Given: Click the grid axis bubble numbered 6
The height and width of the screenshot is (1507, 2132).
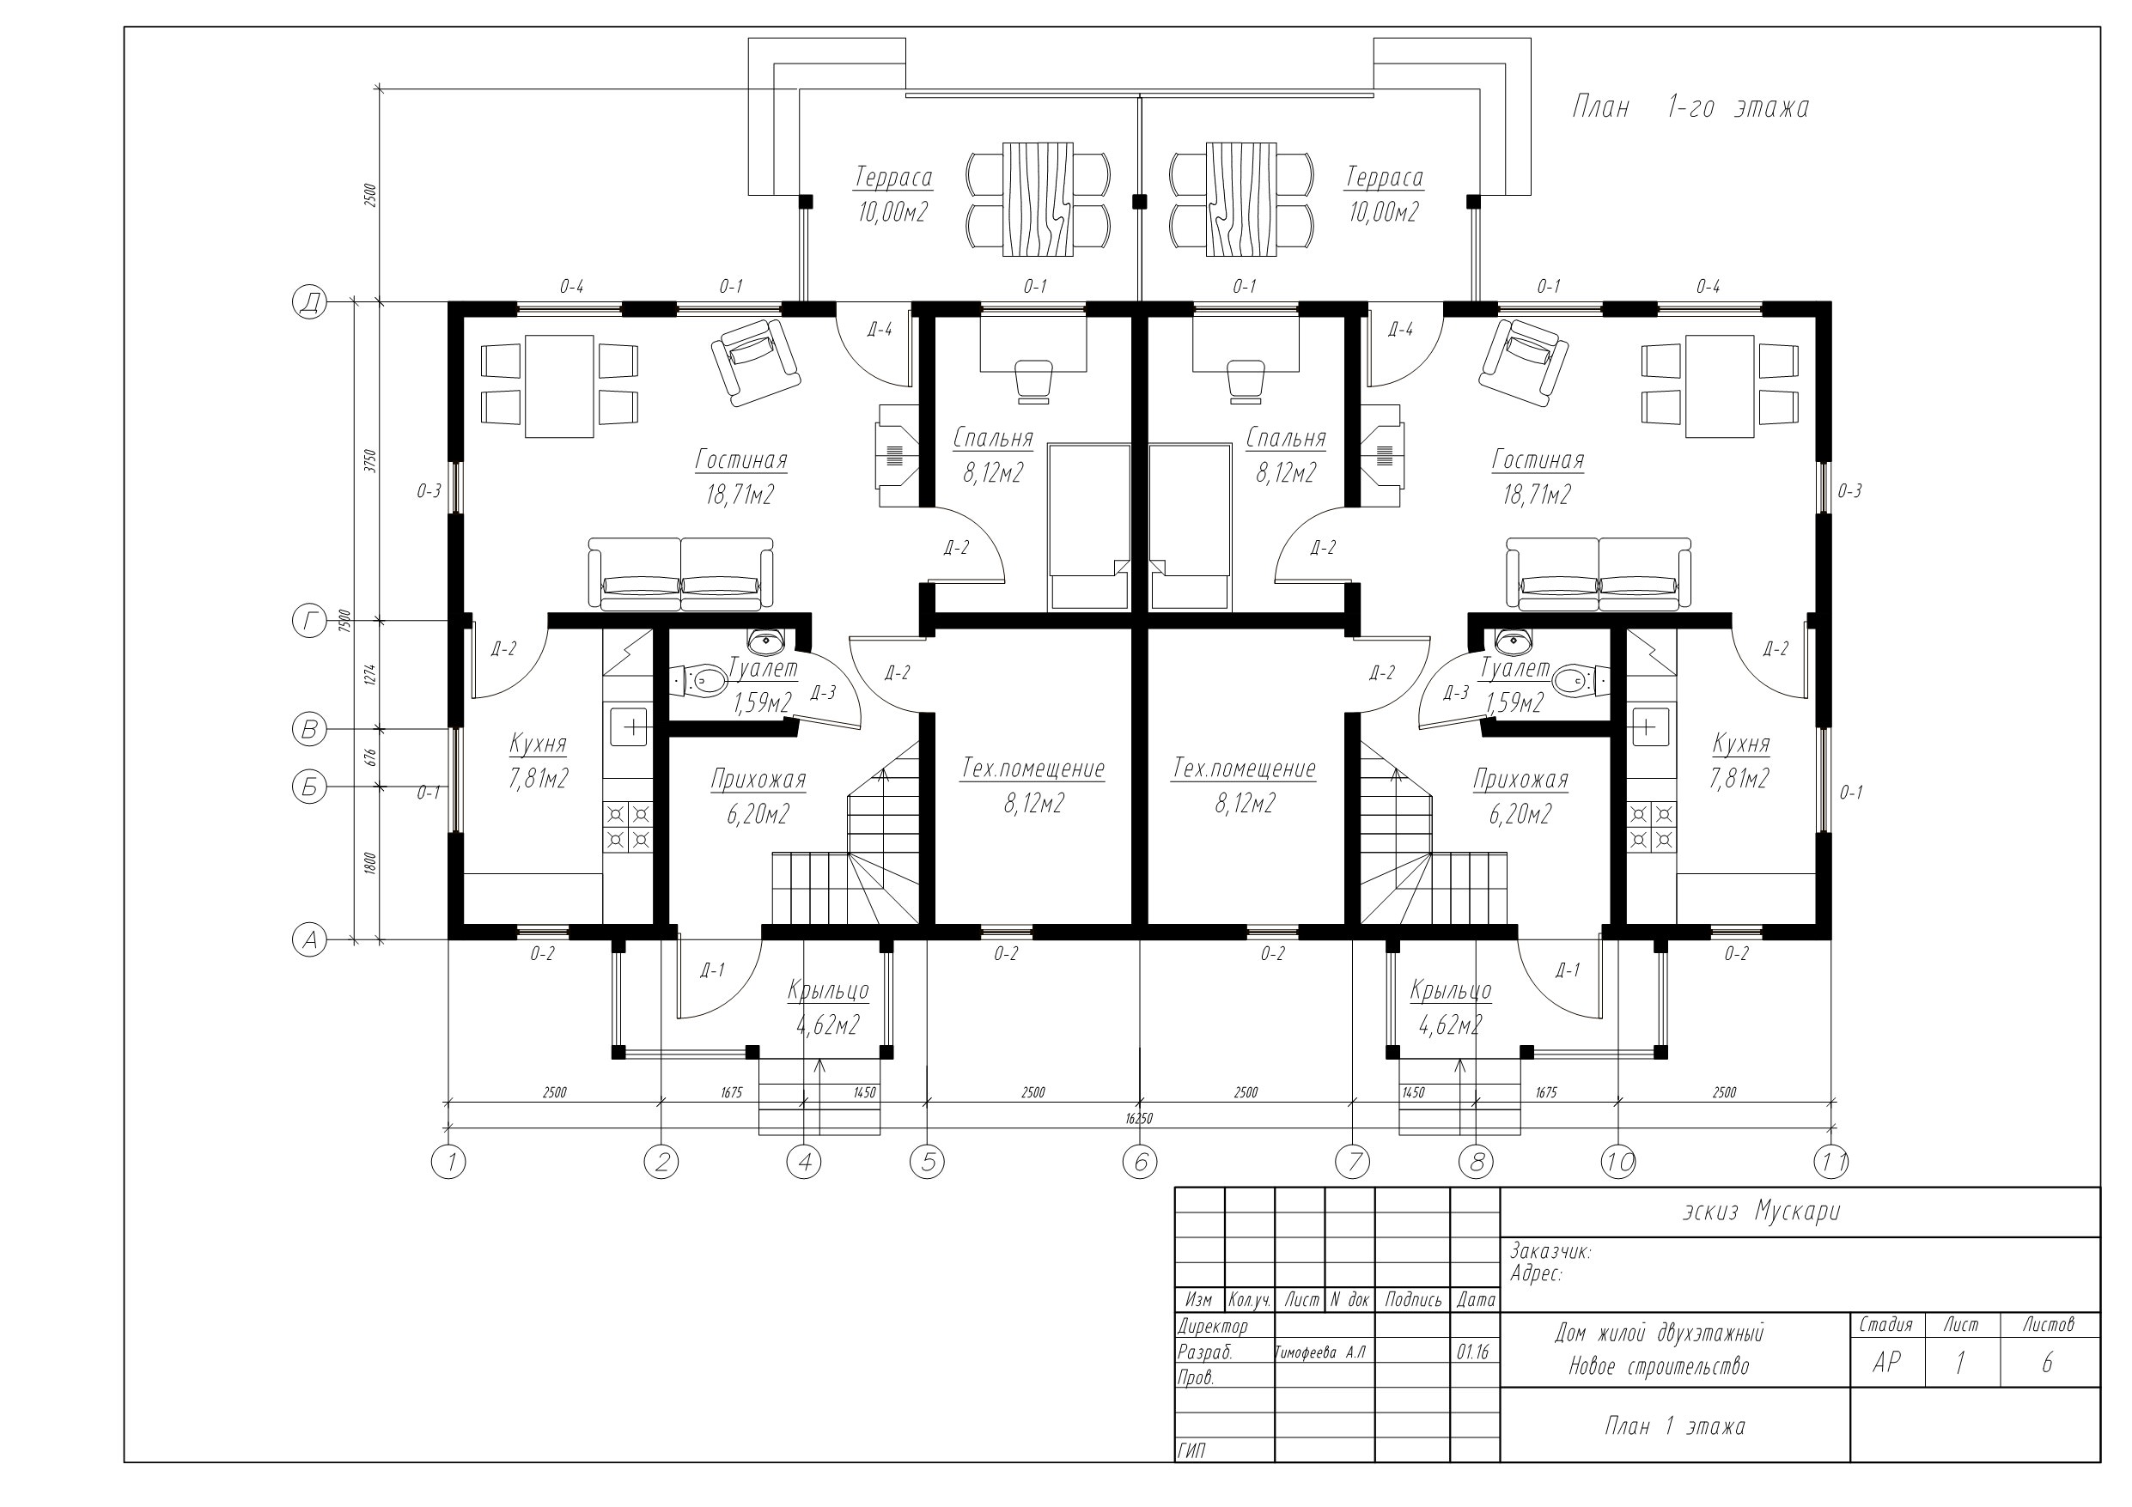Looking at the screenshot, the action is tap(1139, 1162).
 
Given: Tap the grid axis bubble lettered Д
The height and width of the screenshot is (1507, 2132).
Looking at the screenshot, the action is tap(310, 303).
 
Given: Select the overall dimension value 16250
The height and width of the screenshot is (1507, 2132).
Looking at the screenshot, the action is tap(1138, 1119).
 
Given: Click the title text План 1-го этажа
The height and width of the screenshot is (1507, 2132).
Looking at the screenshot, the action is tap(1690, 107).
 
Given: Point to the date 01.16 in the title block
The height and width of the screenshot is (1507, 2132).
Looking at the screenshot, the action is tap(1474, 1352).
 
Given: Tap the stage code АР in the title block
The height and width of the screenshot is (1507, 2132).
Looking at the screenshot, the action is tap(1886, 1362).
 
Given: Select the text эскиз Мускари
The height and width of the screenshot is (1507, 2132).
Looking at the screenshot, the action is tap(1762, 1212).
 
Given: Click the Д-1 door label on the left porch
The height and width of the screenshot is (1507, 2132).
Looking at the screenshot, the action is tap(712, 970).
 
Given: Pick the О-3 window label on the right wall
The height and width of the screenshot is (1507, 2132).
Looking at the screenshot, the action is tap(1849, 491).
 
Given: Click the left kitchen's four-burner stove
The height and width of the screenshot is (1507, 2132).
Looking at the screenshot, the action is tap(629, 827).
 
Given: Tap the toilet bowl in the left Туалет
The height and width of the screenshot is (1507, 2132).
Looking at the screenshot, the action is tap(702, 681).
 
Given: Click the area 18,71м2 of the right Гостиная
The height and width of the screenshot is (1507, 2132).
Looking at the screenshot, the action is tap(1537, 495).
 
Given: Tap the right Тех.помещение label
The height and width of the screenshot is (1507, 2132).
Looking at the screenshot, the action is tap(1245, 769).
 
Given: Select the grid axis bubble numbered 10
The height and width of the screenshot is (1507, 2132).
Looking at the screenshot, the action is tap(1618, 1162).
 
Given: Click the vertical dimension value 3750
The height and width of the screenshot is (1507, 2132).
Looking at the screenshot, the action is tap(369, 461).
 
